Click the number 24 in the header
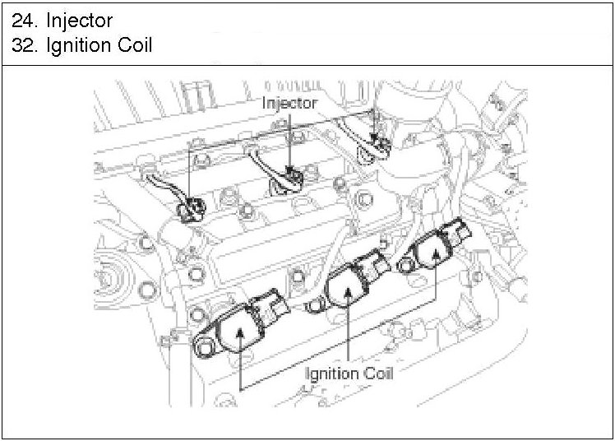25,21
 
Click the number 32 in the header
25,45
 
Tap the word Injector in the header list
80,21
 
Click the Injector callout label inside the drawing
289,103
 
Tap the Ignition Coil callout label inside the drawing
349,374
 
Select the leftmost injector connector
191,209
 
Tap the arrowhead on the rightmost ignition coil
436,253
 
